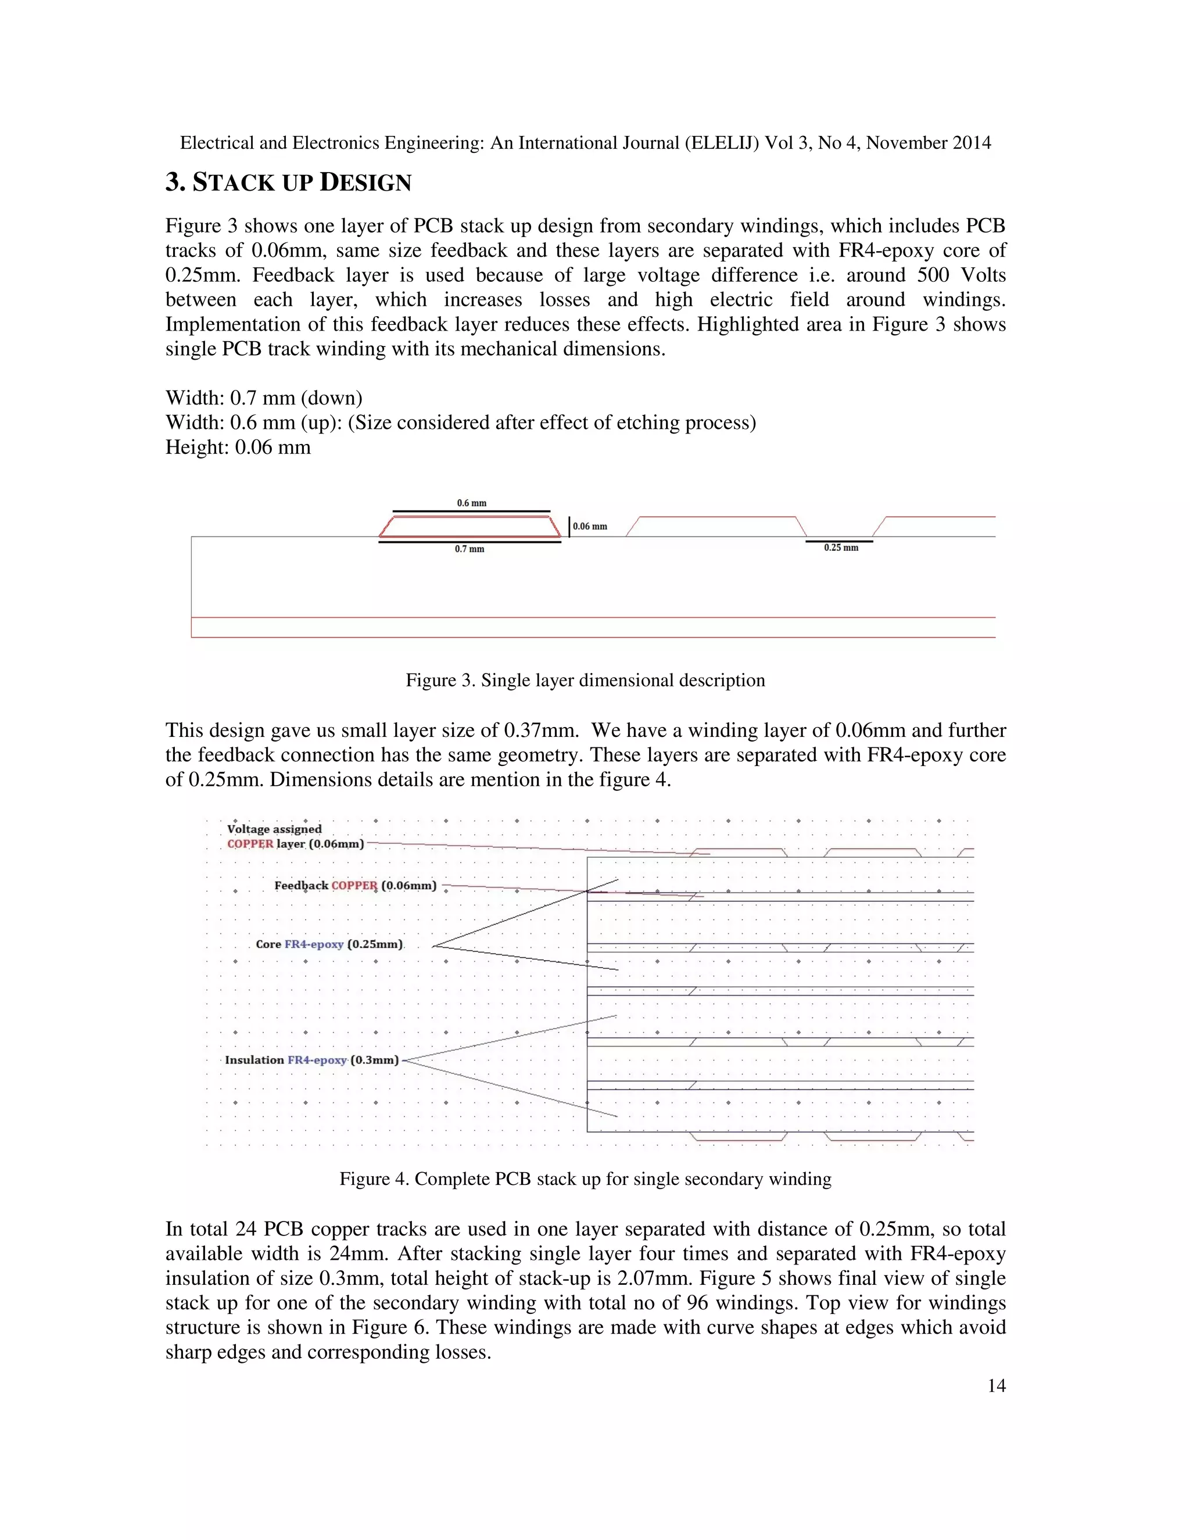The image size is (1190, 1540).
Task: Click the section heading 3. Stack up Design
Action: point(288,182)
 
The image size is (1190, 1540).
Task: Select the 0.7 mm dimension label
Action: point(469,549)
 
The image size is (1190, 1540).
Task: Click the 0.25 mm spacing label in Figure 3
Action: point(840,548)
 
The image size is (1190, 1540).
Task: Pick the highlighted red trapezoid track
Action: point(469,526)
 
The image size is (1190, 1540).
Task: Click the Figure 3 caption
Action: point(585,681)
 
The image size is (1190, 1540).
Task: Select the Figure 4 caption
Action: point(585,1179)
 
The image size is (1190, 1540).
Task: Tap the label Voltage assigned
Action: point(274,829)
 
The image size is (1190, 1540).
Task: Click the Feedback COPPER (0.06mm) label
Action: point(354,886)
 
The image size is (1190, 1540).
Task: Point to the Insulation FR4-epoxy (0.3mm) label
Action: point(311,1060)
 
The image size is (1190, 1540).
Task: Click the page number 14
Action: point(995,1385)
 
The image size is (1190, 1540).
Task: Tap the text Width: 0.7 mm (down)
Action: point(264,399)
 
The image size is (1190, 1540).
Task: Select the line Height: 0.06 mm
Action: point(238,447)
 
